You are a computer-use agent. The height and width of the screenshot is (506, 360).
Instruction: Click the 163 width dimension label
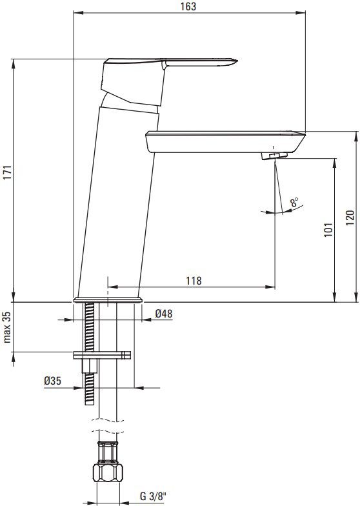tap(188, 6)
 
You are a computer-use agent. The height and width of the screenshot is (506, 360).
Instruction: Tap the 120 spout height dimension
tap(350, 218)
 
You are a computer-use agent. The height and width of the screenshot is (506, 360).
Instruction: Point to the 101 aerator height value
tap(328, 230)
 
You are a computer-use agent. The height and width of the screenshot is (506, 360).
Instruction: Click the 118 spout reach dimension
tap(194, 280)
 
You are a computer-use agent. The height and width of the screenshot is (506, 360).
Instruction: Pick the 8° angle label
tap(294, 203)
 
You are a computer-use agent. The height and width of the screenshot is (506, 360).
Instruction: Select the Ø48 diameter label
tap(164, 314)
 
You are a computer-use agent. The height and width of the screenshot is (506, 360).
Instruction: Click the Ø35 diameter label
tap(52, 381)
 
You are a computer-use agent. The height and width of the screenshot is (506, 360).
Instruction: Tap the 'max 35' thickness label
tap(8, 327)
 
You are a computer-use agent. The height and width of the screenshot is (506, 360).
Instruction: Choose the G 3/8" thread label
tap(153, 496)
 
